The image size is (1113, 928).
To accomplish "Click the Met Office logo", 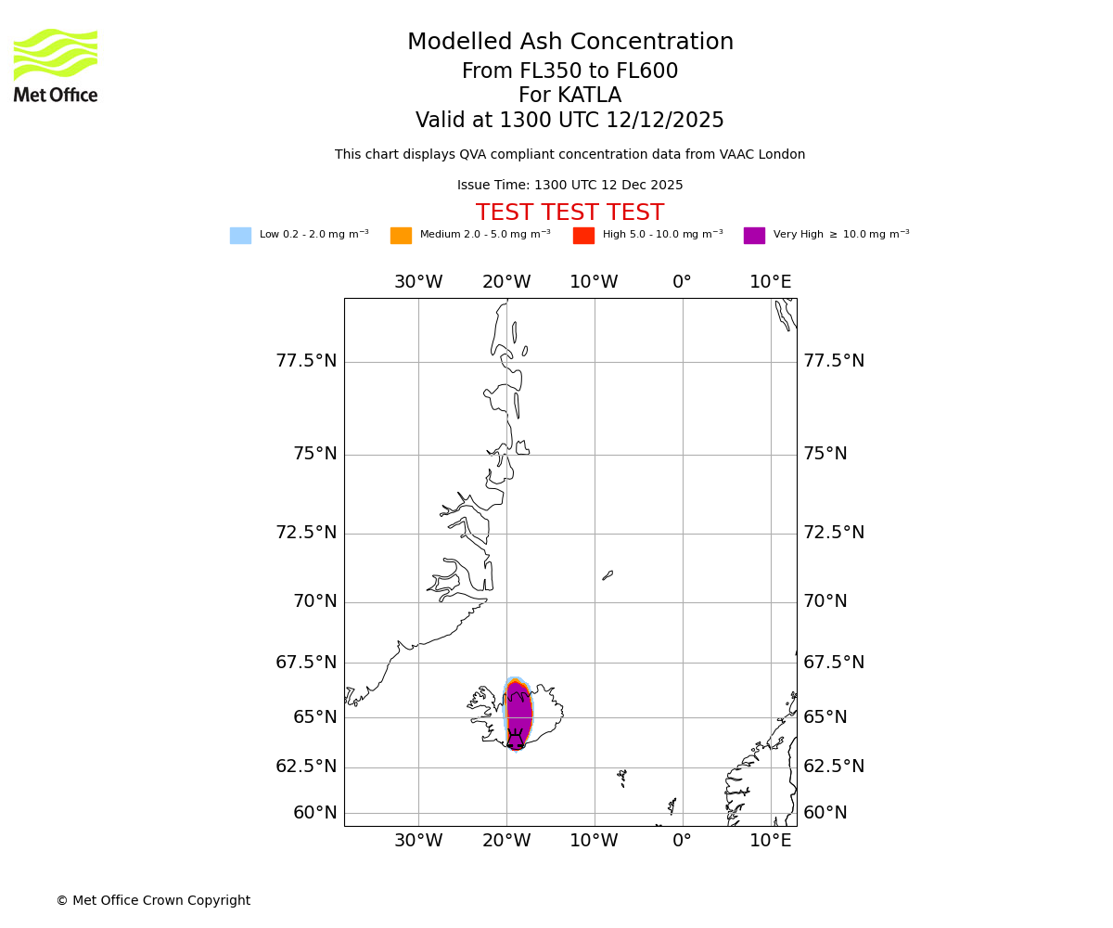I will point(56,65).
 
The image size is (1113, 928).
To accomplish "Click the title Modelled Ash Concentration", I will point(569,43).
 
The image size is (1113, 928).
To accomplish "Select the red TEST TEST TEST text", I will point(569,213).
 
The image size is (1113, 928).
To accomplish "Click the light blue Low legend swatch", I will point(240,236).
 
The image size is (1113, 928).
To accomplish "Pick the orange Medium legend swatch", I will point(401,236).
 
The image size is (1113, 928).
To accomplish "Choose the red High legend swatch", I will point(583,236).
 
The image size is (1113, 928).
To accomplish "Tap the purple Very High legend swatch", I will point(754,236).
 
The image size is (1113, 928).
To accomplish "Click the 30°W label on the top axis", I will point(418,282).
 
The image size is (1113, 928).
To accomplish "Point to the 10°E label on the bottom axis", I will point(771,841).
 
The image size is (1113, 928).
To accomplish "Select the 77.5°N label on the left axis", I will point(306,361).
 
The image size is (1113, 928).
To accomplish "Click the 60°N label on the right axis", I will point(825,813).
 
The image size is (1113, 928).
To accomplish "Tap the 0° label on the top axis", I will point(682,282).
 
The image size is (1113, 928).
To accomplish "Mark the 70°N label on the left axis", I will point(315,601).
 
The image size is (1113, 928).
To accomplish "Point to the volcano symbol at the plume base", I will point(515,741).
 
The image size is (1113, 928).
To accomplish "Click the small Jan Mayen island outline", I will point(608,575).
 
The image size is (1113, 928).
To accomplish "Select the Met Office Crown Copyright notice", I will point(153,900).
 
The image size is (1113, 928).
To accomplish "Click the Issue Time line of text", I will point(569,186).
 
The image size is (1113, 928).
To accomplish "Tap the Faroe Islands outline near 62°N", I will point(622,777).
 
